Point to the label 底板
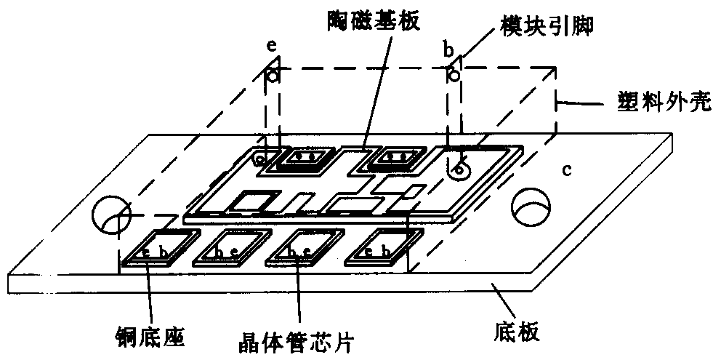pyautogui.click(x=518, y=333)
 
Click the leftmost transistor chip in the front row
pyautogui.click(x=159, y=249)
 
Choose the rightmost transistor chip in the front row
pyautogui.click(x=380, y=249)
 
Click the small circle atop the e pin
pyautogui.click(x=271, y=76)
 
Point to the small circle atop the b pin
pyautogui.click(x=451, y=76)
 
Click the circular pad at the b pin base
pyautogui.click(x=458, y=172)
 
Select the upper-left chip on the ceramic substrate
pyautogui.click(x=302, y=157)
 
